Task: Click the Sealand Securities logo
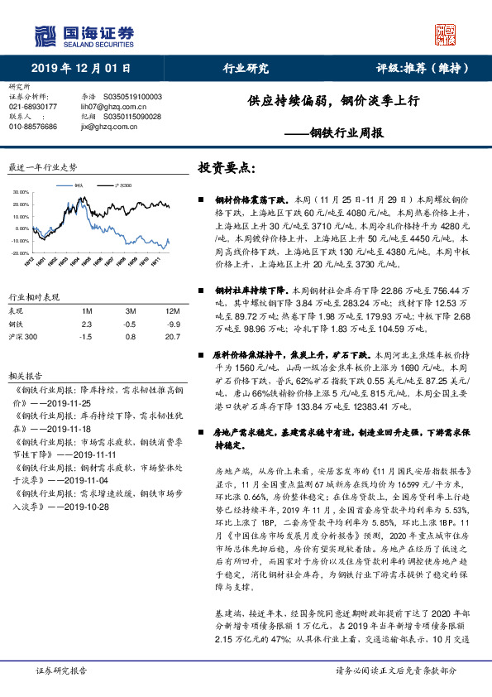(x=83, y=36)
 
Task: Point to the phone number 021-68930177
(x=33, y=107)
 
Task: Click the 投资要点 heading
(x=221, y=168)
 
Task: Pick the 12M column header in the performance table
(x=173, y=310)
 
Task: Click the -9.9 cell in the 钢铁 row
(x=173, y=324)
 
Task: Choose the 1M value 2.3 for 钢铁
(x=85, y=324)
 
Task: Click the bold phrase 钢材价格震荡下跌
(x=249, y=200)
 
